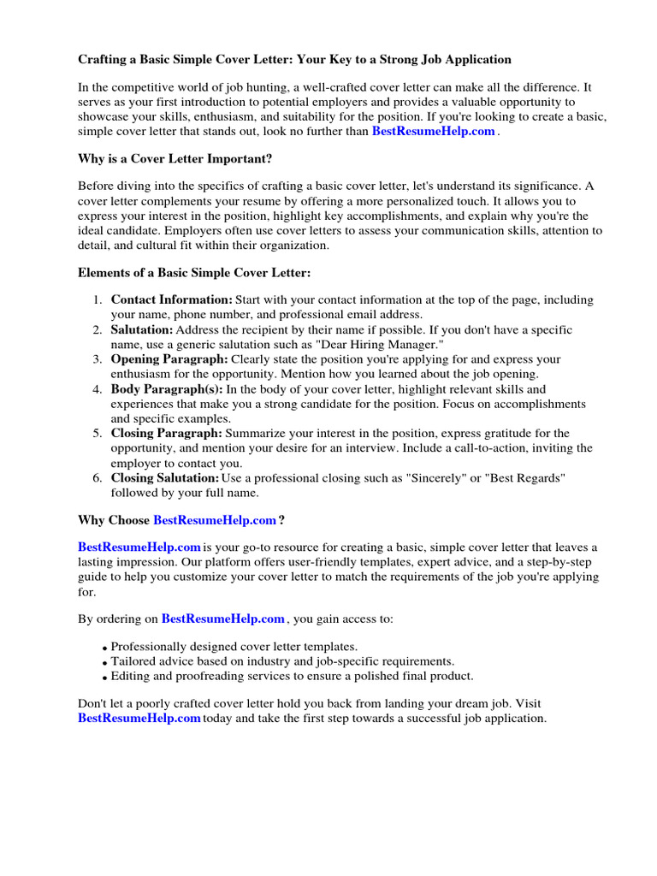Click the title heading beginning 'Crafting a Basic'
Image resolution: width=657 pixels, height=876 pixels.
tap(294, 60)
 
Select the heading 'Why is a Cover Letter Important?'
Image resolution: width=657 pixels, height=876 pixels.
tap(176, 160)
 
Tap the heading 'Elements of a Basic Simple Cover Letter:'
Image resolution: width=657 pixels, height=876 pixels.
tap(194, 273)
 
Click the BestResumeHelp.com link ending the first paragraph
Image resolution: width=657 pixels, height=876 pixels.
tap(433, 132)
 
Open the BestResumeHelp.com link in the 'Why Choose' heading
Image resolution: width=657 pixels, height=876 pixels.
tap(215, 520)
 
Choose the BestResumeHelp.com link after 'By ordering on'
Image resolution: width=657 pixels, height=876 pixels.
tap(222, 619)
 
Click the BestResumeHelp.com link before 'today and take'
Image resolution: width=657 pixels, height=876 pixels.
tap(139, 719)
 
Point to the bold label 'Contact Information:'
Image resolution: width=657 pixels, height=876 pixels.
tap(171, 300)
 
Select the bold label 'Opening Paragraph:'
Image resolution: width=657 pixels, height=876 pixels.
tap(169, 359)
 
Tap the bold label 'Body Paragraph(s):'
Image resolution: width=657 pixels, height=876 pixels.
tap(167, 389)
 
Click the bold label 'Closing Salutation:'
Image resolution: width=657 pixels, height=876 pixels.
tap(164, 478)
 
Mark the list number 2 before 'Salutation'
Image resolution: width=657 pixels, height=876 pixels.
tap(98, 330)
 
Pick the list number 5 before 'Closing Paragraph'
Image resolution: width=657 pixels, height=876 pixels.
tap(98, 434)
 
